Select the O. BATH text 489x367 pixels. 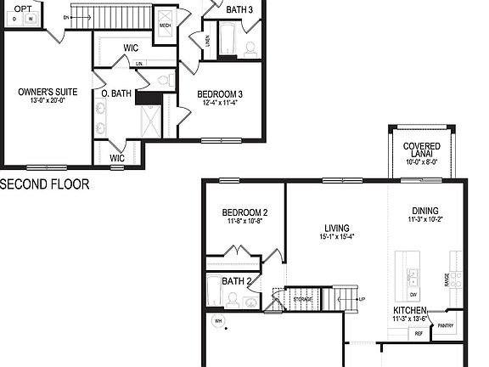click(x=115, y=94)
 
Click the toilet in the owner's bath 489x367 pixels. click(x=163, y=79)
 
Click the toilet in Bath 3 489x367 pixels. click(x=250, y=48)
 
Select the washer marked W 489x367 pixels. click(x=31, y=19)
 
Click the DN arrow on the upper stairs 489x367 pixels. click(x=66, y=16)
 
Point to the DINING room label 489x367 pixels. click(x=425, y=211)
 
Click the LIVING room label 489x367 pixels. click(x=337, y=228)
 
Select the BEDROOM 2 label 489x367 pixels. click(x=244, y=212)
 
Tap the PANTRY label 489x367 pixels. click(x=444, y=325)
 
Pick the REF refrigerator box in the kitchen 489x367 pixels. click(x=419, y=334)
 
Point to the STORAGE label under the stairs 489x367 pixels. click(x=303, y=299)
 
